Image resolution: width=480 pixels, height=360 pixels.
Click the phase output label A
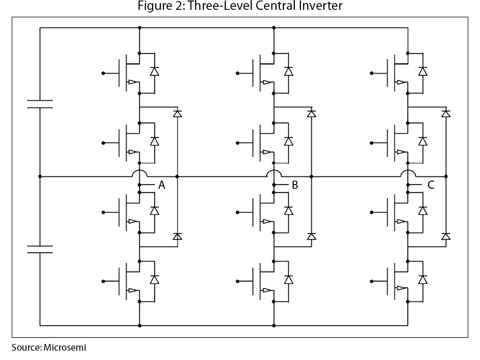161,185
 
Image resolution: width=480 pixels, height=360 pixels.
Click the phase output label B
295,185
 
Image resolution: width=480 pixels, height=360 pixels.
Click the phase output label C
431,185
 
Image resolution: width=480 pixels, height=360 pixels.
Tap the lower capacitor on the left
40,249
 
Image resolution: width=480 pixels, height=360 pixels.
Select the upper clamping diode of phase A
177,113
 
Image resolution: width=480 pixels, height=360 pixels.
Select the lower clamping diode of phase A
177,236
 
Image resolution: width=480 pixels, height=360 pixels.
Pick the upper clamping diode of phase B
311,113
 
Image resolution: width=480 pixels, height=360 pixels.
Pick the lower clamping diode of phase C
446,236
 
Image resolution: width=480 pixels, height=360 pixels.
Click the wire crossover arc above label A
140,173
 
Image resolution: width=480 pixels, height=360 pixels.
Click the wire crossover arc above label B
273,173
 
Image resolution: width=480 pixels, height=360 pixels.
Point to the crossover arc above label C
408,173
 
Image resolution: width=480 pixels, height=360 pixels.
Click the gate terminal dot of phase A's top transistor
103,74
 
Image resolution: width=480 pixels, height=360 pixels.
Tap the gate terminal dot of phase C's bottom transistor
372,282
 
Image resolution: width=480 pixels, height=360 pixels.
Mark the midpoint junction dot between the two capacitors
40,177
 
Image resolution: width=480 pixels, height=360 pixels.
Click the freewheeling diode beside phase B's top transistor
289,72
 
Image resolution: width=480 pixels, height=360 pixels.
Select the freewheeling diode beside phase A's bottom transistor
154,280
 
